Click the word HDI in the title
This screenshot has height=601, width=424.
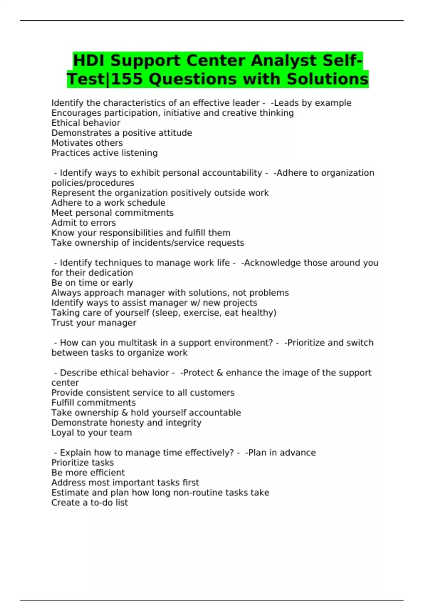pyautogui.click(x=89, y=60)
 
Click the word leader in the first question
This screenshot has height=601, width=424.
pyautogui.click(x=246, y=103)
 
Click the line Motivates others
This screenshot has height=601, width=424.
pyautogui.click(x=87, y=143)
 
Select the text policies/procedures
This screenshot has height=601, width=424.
pyautogui.click(x=93, y=183)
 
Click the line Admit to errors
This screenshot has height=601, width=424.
pyautogui.click(x=83, y=223)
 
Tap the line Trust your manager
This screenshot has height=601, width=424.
pyautogui.click(x=94, y=323)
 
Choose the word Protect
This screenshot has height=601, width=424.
pyautogui.click(x=198, y=373)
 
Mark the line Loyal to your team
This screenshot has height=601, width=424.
pyautogui.click(x=92, y=433)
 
